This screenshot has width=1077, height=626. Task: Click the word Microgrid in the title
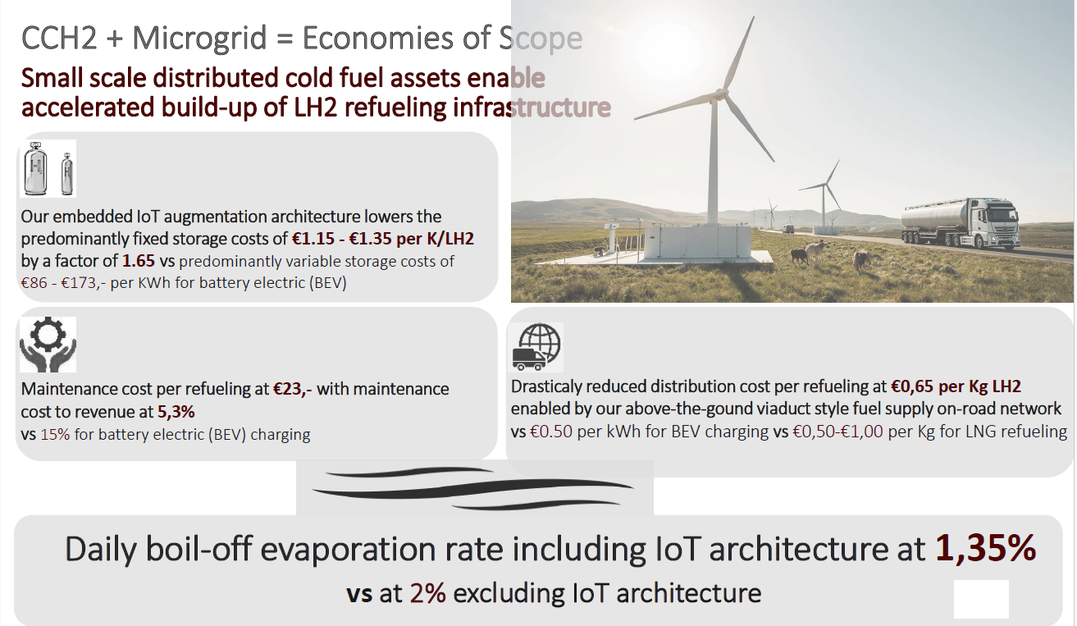coord(199,38)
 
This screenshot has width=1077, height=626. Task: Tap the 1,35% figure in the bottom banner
coord(985,548)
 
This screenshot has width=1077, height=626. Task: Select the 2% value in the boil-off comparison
coord(428,593)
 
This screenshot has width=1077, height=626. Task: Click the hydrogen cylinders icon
coord(48,168)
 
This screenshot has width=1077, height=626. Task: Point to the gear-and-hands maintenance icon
coord(48,345)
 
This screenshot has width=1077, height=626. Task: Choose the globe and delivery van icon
coord(536,347)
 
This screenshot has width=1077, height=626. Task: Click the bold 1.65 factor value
coord(139,261)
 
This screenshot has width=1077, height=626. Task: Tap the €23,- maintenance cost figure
coord(292,389)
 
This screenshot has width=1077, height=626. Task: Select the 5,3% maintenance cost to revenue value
coord(176,412)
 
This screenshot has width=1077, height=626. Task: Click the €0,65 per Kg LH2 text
coord(956,386)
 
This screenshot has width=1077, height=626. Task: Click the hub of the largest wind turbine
coord(719,93)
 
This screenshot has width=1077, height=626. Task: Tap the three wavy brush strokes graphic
coord(473,489)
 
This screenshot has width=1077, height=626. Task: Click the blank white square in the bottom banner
coord(981,599)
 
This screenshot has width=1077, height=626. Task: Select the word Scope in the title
coord(541,38)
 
